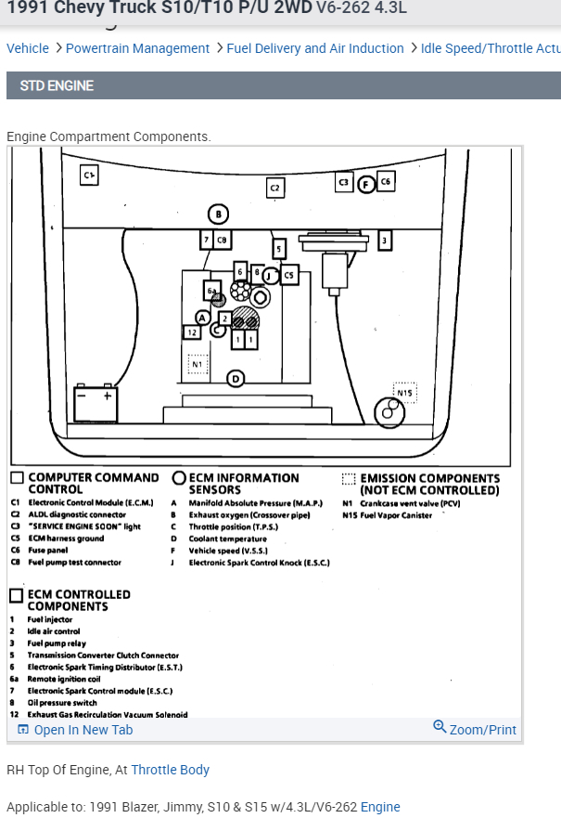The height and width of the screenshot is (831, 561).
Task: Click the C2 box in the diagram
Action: pos(274,188)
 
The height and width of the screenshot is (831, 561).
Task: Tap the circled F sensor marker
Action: pos(365,184)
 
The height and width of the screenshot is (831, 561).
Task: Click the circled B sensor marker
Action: pos(218,214)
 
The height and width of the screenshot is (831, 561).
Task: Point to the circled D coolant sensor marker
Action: pos(236,378)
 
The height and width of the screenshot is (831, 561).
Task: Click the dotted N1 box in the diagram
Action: pos(197,364)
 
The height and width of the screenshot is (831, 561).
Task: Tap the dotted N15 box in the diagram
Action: pos(404,393)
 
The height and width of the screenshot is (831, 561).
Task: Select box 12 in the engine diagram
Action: pos(192,331)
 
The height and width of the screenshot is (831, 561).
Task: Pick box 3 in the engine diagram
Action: pos(385,241)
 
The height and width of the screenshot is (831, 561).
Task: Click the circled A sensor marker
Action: pos(202,318)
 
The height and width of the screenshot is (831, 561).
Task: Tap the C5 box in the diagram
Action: pos(288,275)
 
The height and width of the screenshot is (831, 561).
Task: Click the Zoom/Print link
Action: pos(475,730)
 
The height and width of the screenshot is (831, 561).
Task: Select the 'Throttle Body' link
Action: pos(170,770)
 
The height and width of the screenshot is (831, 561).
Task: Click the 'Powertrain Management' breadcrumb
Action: pos(137,48)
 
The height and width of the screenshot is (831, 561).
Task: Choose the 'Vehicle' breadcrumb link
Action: pos(28,48)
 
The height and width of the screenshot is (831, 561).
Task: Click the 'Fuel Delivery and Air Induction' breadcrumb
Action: pos(315,48)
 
